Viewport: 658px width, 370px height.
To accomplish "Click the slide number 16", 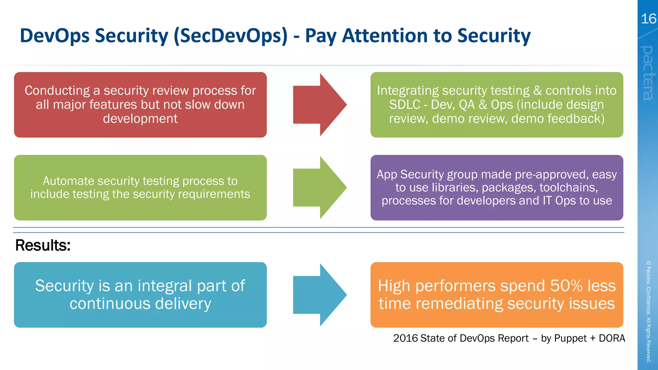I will coord(648,19).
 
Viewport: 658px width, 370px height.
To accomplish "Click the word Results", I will coord(43,245).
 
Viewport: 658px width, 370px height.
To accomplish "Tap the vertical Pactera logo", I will coord(647,73).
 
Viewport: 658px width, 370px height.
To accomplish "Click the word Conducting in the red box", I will coord(57,91).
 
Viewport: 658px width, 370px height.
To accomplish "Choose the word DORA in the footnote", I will coord(612,338).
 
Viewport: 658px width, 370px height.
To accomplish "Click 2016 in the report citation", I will coord(405,338).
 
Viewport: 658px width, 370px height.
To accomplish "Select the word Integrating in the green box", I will coord(407,91).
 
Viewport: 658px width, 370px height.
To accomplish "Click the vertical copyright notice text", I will coord(649,312).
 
